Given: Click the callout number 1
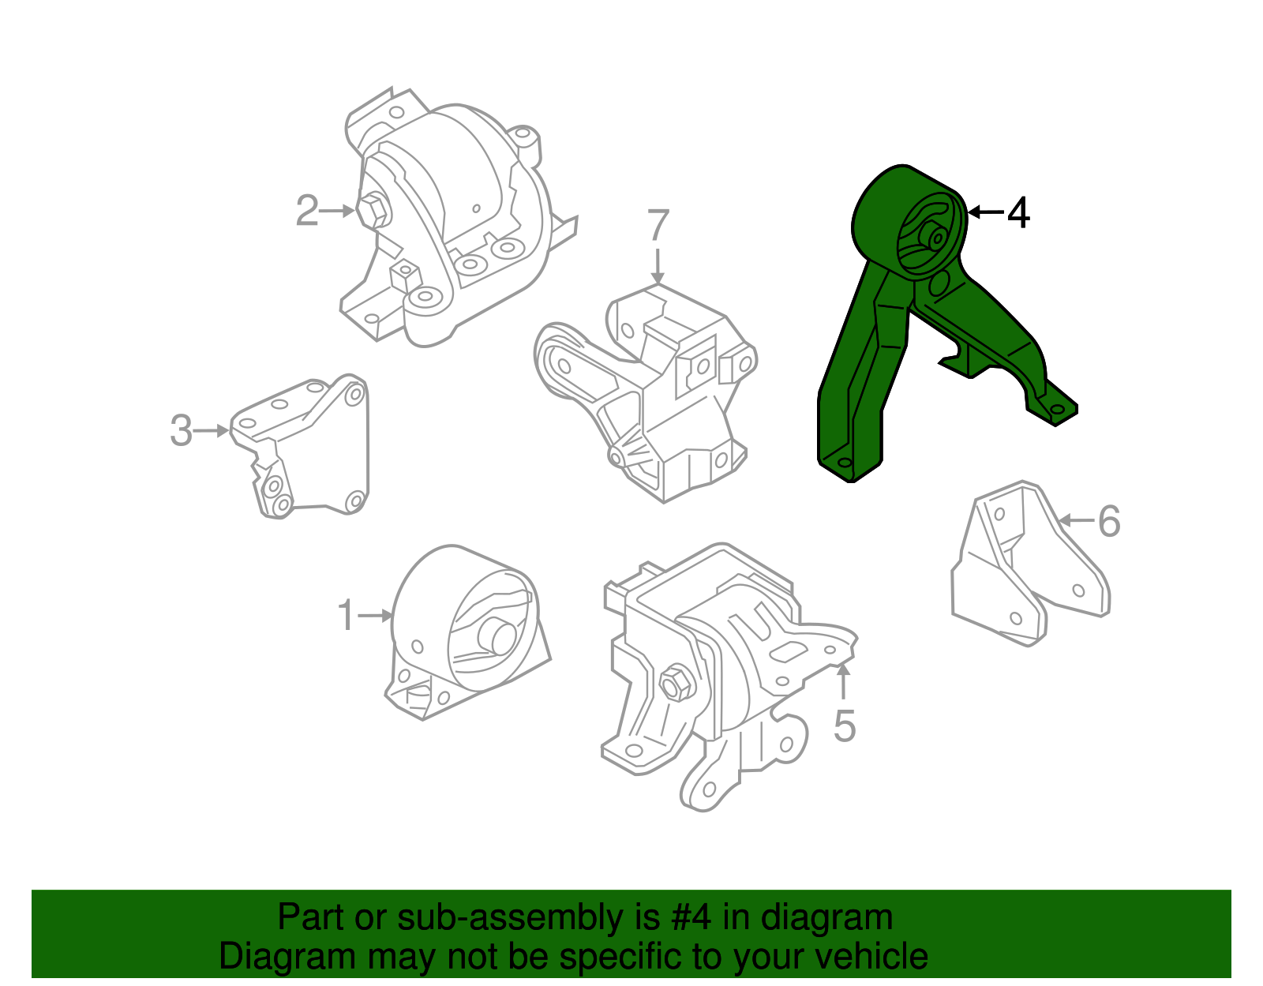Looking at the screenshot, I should [x=345, y=616].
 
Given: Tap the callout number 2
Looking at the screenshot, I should [x=306, y=211].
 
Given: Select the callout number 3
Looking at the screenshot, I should [x=182, y=431].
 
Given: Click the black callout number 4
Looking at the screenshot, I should [x=1018, y=213].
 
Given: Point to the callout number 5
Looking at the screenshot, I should [x=844, y=726].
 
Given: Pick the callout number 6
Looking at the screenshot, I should [x=1109, y=521].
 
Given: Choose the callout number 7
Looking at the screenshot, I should [x=658, y=226].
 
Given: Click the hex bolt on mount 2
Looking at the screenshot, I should [x=374, y=210].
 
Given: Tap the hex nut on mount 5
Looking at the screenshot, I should [x=676, y=683].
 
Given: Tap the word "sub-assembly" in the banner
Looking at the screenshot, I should [x=509, y=918].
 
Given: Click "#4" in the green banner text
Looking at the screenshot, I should [x=692, y=918].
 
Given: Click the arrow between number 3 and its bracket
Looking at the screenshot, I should [x=212, y=431].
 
